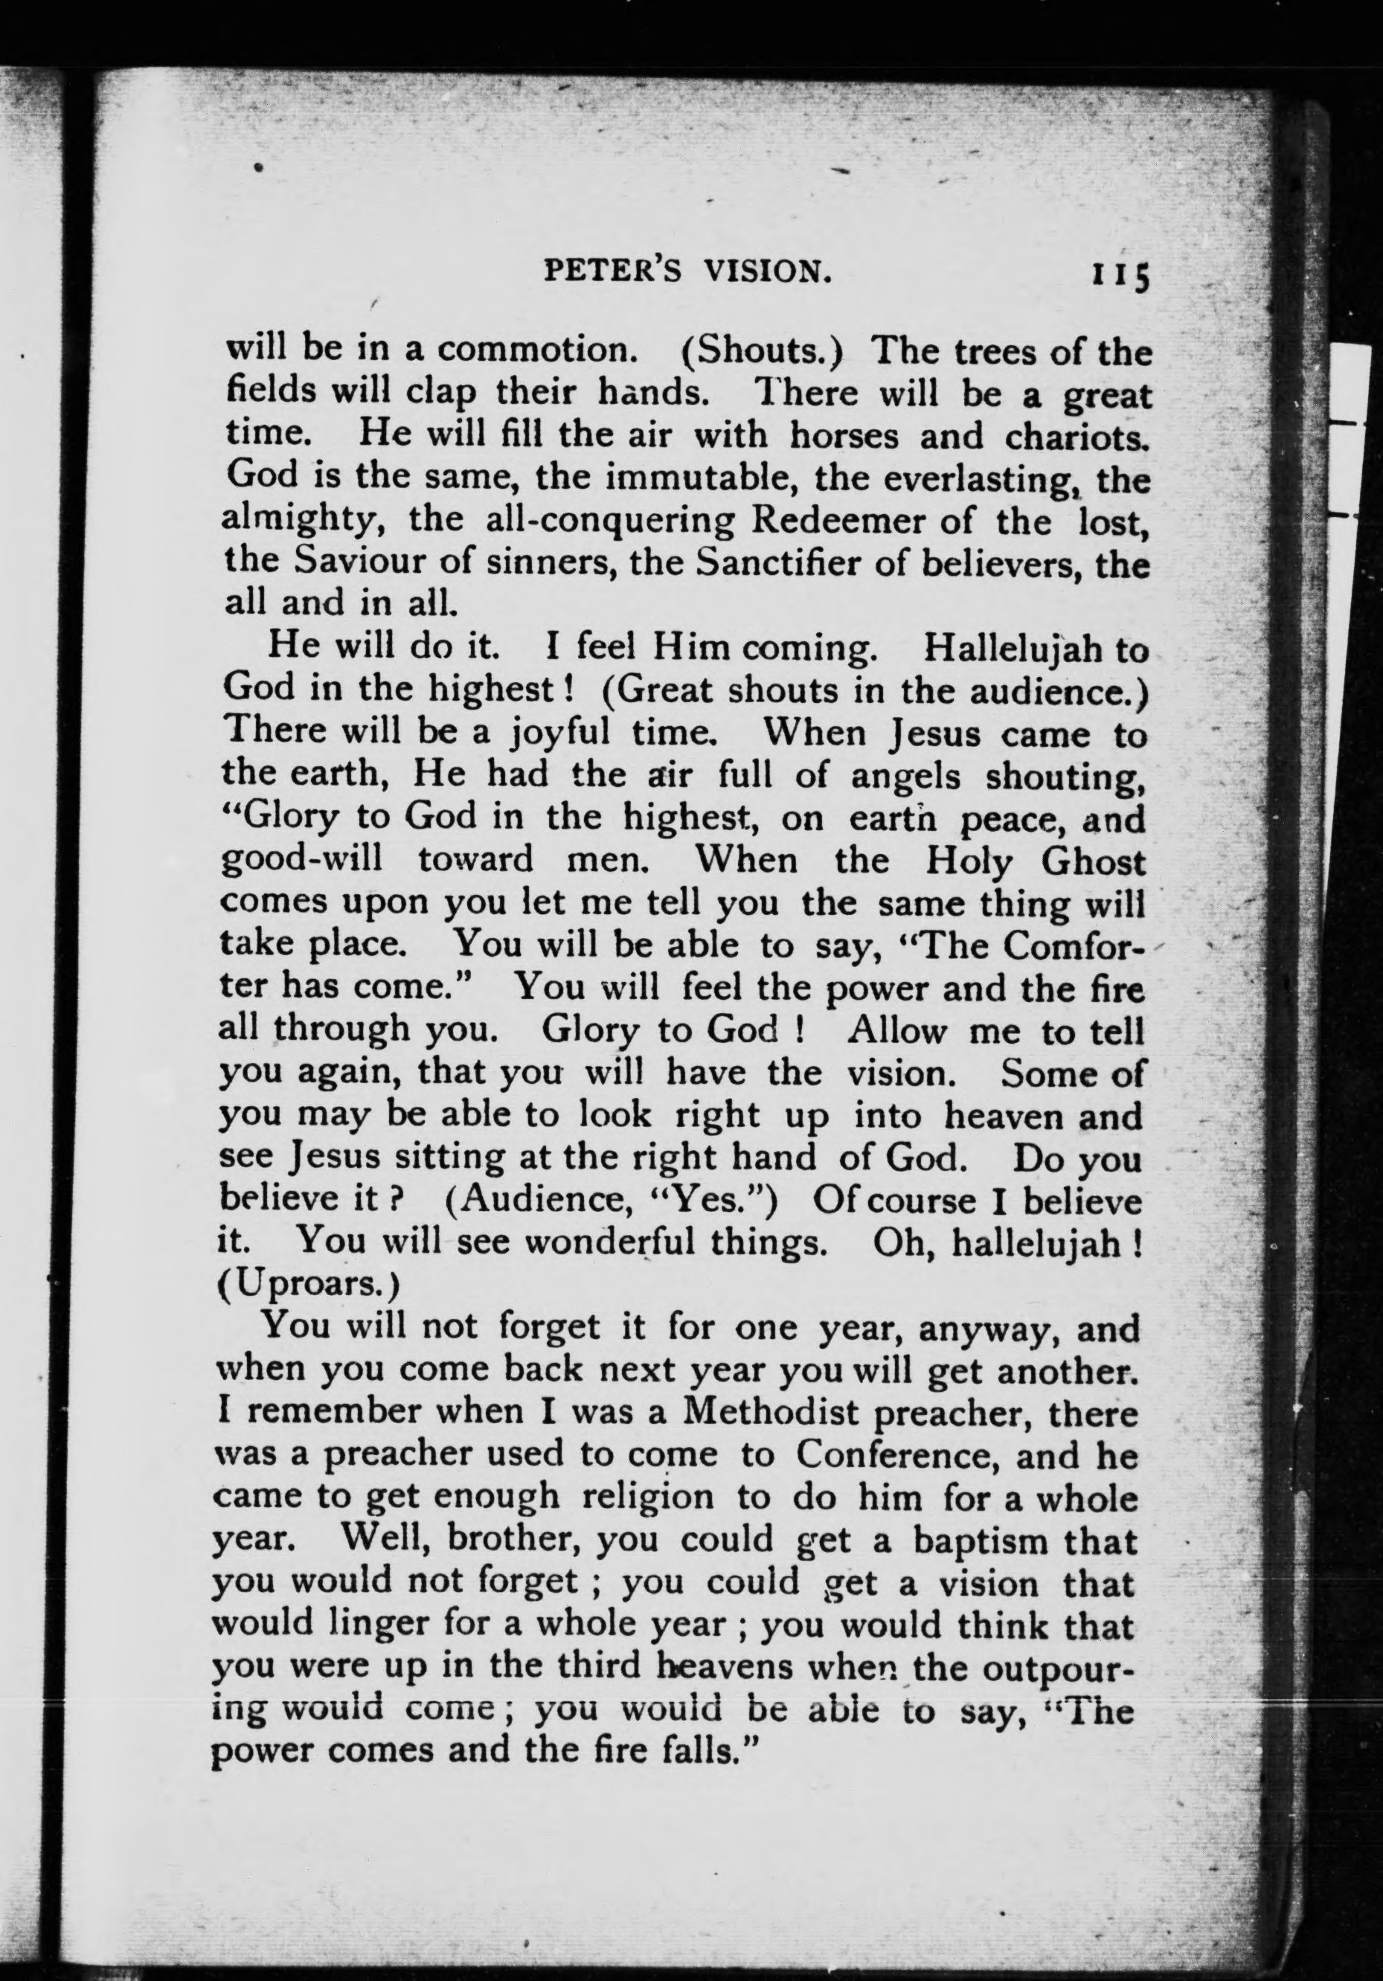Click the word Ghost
click(1094, 860)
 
